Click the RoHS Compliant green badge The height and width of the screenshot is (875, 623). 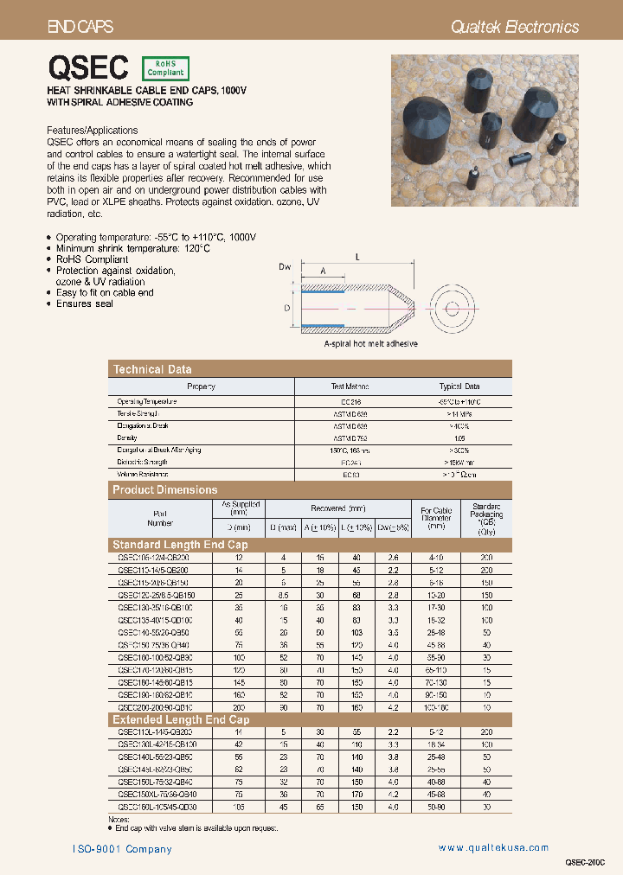pos(164,69)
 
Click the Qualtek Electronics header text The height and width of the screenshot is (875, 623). pos(515,27)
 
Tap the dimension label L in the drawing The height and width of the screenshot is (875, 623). pos(356,257)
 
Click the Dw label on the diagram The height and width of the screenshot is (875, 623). pos(285,267)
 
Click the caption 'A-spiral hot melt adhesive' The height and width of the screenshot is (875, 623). pos(370,343)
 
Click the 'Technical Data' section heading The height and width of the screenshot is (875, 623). pos(152,369)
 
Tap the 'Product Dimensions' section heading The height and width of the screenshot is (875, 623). pos(165,489)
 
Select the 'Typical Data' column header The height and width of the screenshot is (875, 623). pos(459,386)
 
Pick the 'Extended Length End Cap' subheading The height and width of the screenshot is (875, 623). pos(181,719)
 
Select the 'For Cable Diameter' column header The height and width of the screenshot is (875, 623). pos(436,517)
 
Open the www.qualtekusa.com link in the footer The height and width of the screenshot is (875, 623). pos(493,848)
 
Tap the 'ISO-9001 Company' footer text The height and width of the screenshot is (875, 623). pos(122,849)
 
